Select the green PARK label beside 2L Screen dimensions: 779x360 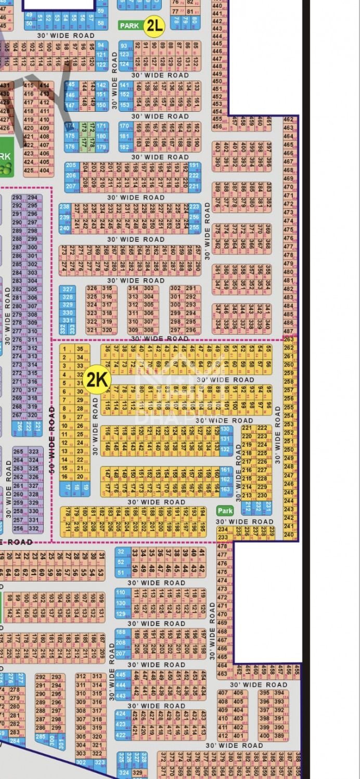point(129,25)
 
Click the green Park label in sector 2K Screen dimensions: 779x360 point(225,511)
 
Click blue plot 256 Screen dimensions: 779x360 point(194,217)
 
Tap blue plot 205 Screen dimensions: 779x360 point(71,166)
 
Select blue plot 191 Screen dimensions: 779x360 point(194,166)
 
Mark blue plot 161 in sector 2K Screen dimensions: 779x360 point(225,470)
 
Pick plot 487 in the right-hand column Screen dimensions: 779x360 point(289,331)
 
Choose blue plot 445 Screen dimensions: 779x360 point(121,674)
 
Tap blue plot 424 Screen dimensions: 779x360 point(121,714)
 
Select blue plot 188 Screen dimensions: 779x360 point(121,633)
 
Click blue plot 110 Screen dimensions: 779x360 point(121,592)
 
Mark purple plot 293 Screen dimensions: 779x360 point(18,198)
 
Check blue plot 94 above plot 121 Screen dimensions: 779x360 point(101,45)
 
